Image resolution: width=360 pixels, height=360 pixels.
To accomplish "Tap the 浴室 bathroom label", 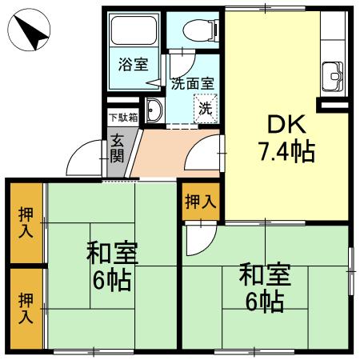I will tap(133, 65).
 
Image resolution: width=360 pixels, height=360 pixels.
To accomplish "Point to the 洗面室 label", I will tap(192, 82).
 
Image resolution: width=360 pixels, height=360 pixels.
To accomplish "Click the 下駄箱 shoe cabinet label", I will tap(122, 117).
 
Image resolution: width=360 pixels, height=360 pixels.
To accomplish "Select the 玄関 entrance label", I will tap(117, 148).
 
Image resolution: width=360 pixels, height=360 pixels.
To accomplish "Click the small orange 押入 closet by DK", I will tap(200, 202).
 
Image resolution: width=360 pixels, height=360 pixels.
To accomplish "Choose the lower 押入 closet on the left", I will tap(26, 307).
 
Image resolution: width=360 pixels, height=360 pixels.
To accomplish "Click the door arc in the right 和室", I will tap(200, 239).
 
